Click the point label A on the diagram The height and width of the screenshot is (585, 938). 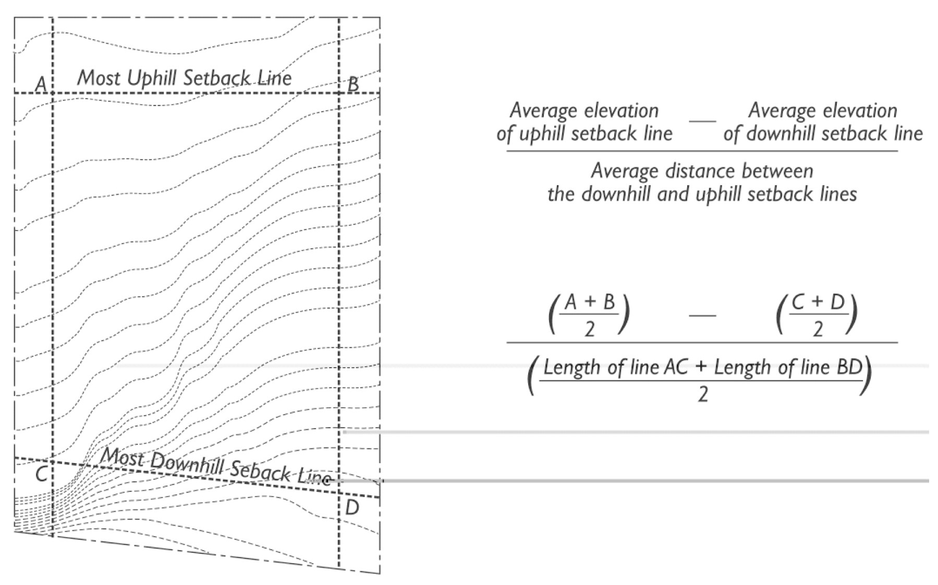(41, 83)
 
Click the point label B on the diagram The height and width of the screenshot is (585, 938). (353, 83)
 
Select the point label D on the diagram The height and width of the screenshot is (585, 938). (352, 507)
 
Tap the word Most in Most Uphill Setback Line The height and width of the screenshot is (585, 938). (99, 78)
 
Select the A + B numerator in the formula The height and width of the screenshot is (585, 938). (590, 302)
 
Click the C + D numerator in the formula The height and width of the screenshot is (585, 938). (818, 302)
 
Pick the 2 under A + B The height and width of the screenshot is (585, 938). (590, 330)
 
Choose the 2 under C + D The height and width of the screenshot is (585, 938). (818, 330)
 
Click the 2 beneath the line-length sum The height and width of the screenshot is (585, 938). (702, 395)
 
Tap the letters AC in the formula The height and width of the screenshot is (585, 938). (676, 368)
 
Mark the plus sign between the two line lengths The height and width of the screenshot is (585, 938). (701, 368)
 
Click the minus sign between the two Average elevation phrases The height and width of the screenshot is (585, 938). (702, 121)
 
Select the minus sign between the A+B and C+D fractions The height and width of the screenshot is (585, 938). (702, 315)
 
